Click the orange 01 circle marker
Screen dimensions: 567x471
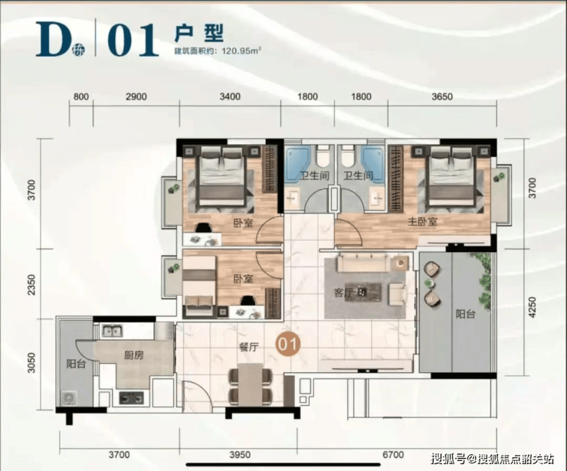288,345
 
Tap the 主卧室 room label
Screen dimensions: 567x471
422,221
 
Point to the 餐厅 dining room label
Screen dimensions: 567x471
249,347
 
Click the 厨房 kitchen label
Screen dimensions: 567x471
134,355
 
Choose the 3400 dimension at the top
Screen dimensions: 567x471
231,96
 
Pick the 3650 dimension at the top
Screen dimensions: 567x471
442,96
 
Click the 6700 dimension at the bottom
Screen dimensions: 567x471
393,454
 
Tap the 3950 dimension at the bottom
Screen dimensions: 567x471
240,454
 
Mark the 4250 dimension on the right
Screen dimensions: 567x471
532,307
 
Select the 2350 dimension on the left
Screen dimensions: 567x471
32,284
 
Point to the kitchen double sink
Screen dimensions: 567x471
112,331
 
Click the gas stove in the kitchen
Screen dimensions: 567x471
131,398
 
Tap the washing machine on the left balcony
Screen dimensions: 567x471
69,398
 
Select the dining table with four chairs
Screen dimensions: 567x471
250,385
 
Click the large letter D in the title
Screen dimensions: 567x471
53,39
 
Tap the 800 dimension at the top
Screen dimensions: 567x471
80,96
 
